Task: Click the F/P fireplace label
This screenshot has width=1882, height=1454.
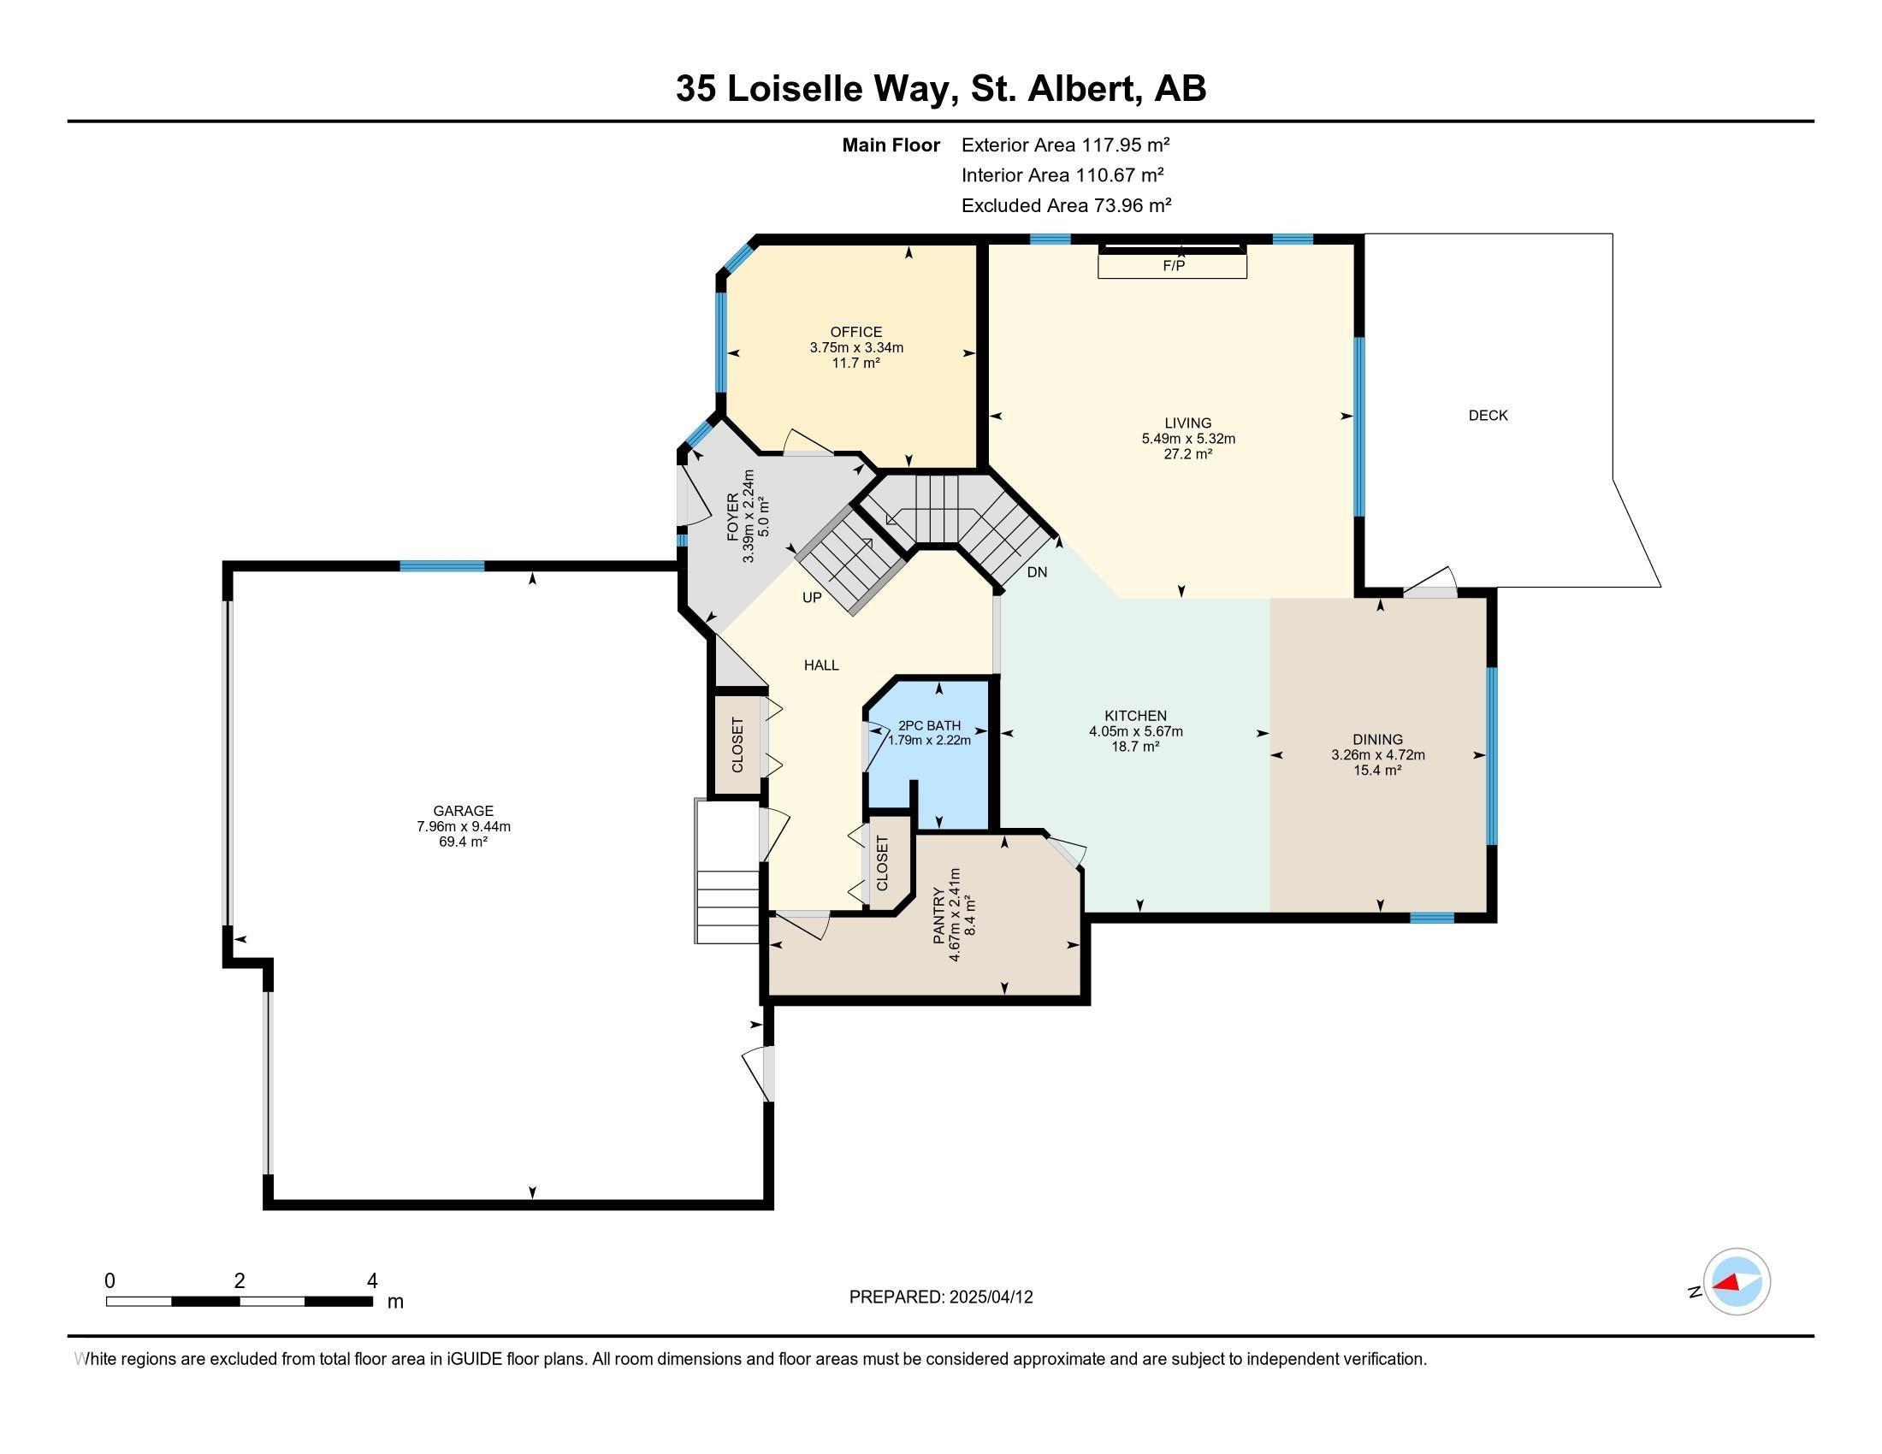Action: click(x=1174, y=266)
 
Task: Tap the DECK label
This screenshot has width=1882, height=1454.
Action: click(x=1488, y=415)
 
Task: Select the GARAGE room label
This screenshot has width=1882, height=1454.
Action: click(x=464, y=811)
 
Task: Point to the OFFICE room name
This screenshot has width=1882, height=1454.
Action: click(x=855, y=332)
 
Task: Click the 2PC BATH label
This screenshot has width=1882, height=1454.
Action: click(x=929, y=725)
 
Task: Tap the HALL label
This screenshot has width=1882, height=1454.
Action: click(x=821, y=665)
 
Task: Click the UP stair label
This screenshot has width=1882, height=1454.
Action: click(x=812, y=598)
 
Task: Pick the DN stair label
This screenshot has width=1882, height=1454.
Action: click(x=1037, y=572)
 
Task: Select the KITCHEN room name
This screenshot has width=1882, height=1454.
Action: click(x=1136, y=716)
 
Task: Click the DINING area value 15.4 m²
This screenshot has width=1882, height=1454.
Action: click(x=1377, y=770)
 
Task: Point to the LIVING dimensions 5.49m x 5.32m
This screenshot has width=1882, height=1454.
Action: click(x=1188, y=439)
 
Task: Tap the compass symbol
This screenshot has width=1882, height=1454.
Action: click(x=1737, y=1282)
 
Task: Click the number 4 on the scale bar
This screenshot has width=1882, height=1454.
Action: click(x=372, y=1281)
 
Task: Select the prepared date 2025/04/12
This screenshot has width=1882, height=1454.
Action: click(x=991, y=1297)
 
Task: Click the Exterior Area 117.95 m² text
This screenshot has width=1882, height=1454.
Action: click(x=1066, y=145)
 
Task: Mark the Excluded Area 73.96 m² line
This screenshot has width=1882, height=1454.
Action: click(x=1067, y=205)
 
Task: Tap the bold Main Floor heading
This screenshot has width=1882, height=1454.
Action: click(x=891, y=145)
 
